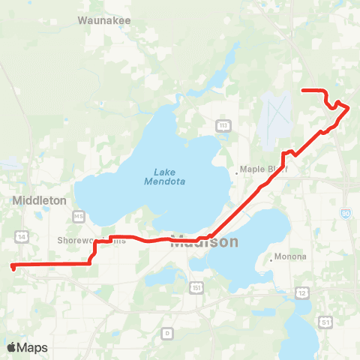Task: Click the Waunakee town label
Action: point(106,21)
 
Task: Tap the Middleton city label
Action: point(40,200)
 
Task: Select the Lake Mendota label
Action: point(165,176)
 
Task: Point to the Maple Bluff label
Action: point(263,169)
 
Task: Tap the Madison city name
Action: point(204,242)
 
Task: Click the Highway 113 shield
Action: point(223,124)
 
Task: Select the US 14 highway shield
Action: point(21,235)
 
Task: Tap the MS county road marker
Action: point(78,217)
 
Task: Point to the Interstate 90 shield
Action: point(345,214)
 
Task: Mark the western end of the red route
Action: point(13,266)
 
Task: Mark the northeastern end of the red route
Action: point(302,91)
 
